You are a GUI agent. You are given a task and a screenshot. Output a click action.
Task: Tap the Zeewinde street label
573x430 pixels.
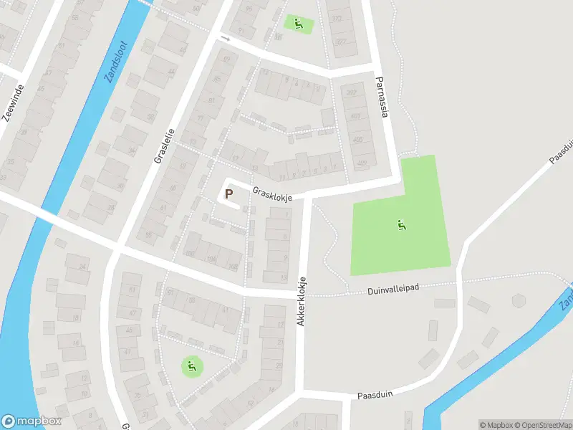pyautogui.click(x=14, y=103)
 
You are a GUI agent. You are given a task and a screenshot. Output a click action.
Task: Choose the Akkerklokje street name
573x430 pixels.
pyautogui.click(x=303, y=302)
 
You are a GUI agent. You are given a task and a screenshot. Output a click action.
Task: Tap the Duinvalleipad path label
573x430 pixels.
pyautogui.click(x=393, y=288)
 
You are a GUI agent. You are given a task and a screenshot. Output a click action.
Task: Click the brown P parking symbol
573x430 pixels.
pyautogui.click(x=229, y=193)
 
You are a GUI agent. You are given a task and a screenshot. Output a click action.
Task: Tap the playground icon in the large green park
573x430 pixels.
pyautogui.click(x=402, y=225)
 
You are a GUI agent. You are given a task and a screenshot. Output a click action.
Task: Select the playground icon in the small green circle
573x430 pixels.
pyautogui.click(x=191, y=368)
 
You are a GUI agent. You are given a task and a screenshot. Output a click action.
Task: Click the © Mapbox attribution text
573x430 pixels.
pyautogui.click(x=495, y=425)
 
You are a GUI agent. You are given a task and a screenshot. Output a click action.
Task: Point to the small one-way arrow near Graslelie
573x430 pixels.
pyautogui.click(x=225, y=37)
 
